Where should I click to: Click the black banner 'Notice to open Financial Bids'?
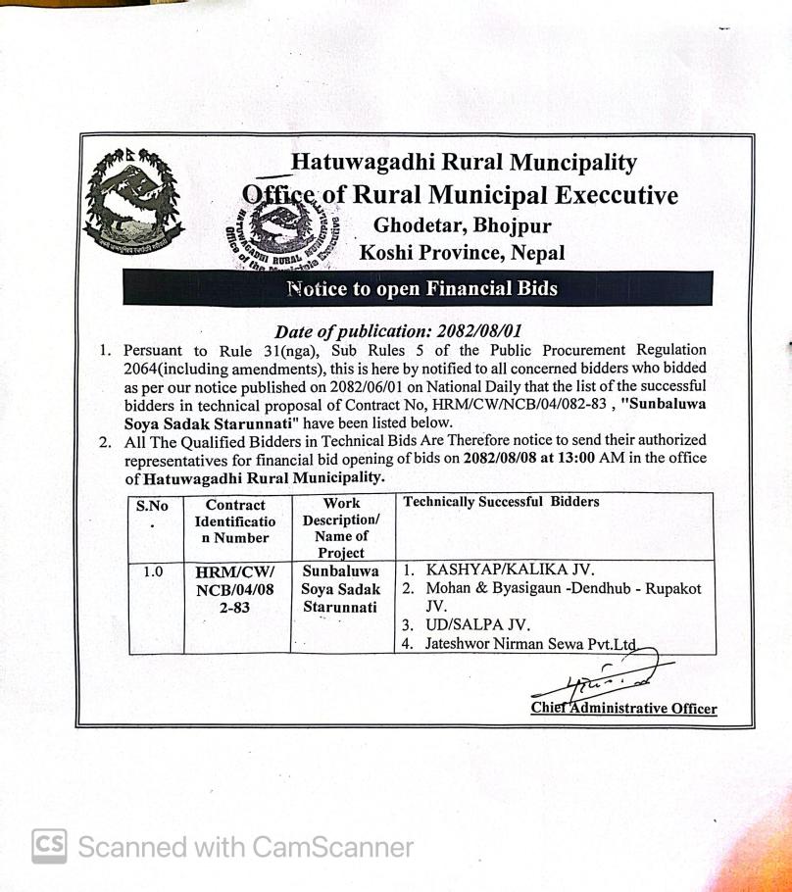[421, 288]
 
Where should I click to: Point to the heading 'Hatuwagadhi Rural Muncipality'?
[465, 163]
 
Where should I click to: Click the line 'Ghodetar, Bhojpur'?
[462, 225]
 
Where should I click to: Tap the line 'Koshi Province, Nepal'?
[463, 253]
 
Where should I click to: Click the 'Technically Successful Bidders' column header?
[502, 502]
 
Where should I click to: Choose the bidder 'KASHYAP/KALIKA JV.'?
[511, 569]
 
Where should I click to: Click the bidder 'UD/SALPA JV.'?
[478, 624]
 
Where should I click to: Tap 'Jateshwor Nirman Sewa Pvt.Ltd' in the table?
[530, 644]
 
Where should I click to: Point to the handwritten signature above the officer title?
[606, 675]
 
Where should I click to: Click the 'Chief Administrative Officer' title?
[623, 708]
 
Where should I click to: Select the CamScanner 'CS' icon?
[49, 846]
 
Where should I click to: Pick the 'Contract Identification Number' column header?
[235, 521]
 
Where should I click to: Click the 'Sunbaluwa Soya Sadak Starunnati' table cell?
[341, 588]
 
